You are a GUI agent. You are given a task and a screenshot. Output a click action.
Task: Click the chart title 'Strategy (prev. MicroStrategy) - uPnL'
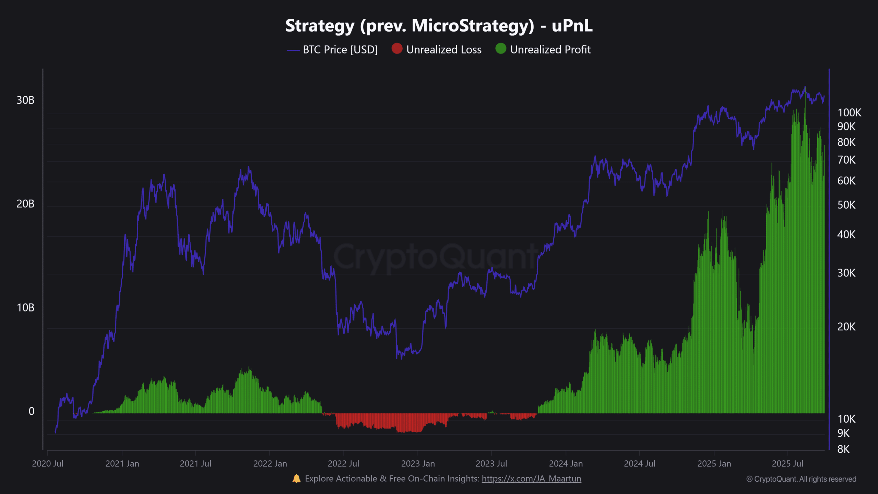coord(439,26)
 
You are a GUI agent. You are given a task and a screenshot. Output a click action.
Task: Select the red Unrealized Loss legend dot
coord(397,49)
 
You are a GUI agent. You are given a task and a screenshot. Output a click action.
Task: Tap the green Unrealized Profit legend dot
coord(501,49)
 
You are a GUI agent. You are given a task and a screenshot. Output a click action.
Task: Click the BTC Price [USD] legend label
coord(340,50)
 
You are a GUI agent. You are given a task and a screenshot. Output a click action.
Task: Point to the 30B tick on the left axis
coord(25,100)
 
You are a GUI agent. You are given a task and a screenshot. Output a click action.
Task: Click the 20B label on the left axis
coord(25,204)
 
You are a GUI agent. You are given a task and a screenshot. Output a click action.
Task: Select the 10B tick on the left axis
coord(25,308)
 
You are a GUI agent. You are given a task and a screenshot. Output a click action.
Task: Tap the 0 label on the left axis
coord(31,411)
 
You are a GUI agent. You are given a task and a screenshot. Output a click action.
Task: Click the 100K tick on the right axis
coord(849,113)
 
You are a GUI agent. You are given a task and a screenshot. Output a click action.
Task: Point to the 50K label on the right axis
coord(846,205)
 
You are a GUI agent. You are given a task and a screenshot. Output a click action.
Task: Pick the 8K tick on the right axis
coord(843,449)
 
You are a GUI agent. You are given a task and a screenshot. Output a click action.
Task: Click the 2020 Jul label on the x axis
coord(48,464)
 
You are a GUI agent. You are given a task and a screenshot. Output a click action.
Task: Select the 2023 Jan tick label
coord(418,464)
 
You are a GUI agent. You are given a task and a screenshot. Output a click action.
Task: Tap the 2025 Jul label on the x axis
coord(787,464)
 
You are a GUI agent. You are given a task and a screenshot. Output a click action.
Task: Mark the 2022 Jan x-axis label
coord(270,464)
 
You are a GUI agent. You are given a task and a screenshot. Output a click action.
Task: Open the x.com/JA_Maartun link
coord(531,479)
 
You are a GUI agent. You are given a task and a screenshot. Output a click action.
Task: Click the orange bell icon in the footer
coord(296,479)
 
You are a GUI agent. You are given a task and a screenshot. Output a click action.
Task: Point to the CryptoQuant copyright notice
coord(801,479)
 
